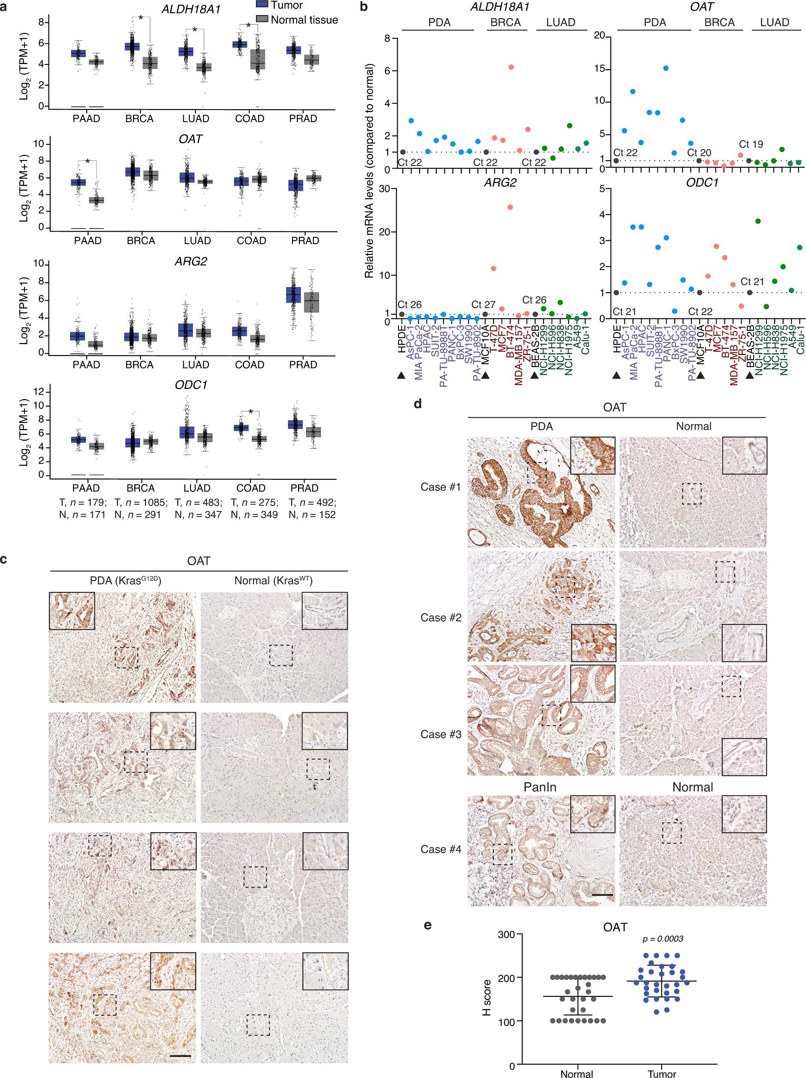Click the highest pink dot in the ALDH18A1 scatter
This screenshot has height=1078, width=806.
click(511, 67)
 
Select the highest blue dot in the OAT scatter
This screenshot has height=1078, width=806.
click(666, 68)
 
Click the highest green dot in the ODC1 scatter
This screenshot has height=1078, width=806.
click(758, 221)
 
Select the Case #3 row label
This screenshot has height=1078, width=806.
click(440, 735)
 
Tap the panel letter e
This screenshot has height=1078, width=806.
click(428, 925)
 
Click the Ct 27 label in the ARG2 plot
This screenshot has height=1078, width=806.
click(483, 305)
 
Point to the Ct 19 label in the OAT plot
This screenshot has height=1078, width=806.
click(751, 144)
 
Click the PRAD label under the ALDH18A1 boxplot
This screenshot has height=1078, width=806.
click(303, 119)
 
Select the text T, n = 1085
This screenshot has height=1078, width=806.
click(141, 502)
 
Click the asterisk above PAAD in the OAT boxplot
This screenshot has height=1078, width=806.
click(88, 161)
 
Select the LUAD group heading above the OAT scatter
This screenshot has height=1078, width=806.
click(774, 22)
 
